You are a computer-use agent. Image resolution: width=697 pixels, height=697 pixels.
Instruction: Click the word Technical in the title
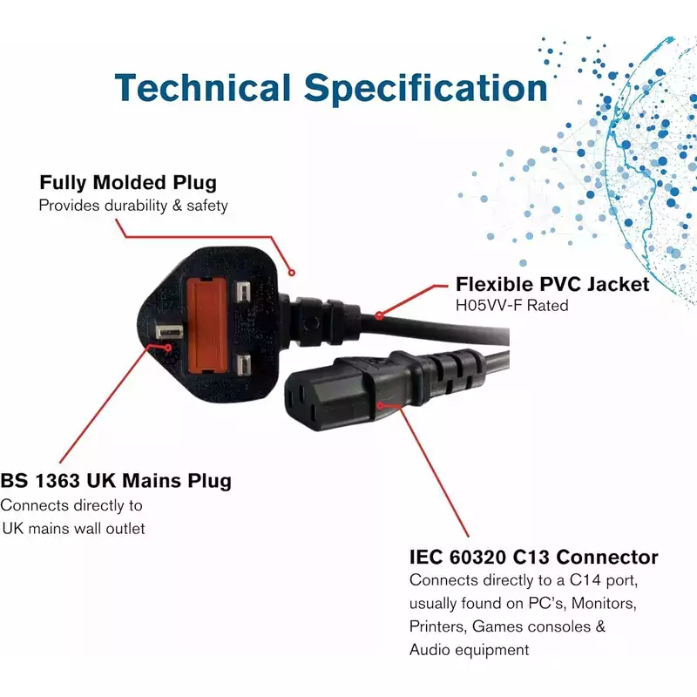[x=203, y=88]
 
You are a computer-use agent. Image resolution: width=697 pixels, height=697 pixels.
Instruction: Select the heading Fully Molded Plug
[x=128, y=183]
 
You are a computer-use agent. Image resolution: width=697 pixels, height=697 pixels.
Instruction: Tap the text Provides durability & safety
[x=133, y=206]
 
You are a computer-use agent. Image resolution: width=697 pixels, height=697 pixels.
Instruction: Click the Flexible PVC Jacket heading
[x=552, y=285]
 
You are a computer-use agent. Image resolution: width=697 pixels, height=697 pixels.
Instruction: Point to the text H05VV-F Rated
[x=512, y=306]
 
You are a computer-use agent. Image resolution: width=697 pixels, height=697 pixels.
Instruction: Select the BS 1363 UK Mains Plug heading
[x=116, y=482]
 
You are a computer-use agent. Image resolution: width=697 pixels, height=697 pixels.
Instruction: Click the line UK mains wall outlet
[x=73, y=529]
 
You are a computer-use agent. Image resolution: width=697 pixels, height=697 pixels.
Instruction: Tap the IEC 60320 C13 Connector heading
[x=533, y=557]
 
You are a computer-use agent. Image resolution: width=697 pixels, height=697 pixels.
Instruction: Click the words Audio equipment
[x=469, y=650]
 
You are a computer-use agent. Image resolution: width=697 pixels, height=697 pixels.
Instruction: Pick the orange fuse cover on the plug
[x=207, y=326]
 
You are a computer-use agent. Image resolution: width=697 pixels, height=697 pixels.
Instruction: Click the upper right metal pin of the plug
[x=243, y=293]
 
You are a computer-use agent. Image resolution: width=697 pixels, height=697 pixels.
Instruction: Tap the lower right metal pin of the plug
[x=243, y=365]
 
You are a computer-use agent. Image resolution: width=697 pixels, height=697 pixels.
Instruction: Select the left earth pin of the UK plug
[x=168, y=332]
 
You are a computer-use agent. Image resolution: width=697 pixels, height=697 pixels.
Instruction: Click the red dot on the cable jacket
[x=379, y=315]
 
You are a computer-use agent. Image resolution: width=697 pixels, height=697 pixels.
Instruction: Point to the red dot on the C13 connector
[x=381, y=405]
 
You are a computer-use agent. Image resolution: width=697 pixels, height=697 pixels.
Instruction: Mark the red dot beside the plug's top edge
[x=292, y=273]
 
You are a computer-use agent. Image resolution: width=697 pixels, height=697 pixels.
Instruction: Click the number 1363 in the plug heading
[x=58, y=481]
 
